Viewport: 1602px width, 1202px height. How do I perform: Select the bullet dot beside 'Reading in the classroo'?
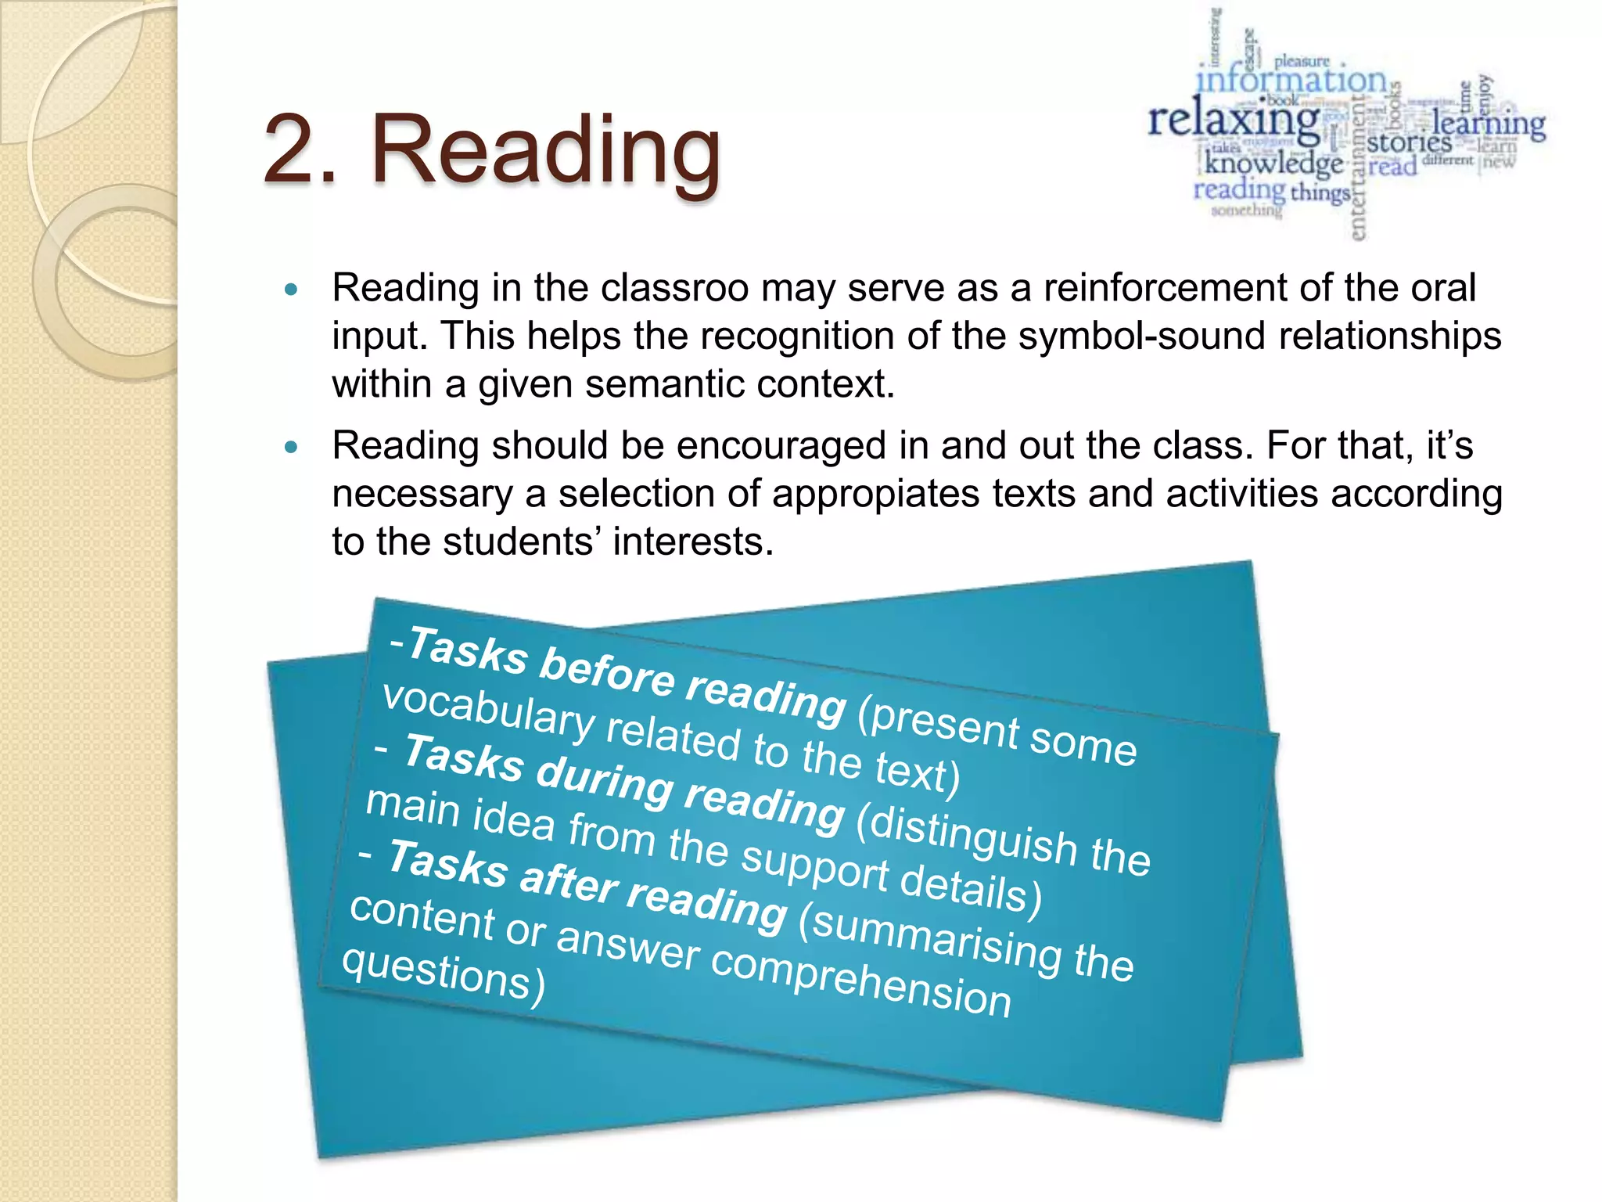click(292, 290)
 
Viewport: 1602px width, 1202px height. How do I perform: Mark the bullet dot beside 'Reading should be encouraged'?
click(292, 448)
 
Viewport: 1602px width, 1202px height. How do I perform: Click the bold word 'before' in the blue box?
click(606, 671)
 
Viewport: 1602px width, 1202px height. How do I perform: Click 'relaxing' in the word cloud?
click(1234, 121)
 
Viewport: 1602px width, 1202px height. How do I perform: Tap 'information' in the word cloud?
click(1291, 81)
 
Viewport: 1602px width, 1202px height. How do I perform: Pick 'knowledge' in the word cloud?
click(1273, 163)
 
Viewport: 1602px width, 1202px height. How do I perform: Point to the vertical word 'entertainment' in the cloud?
click(1358, 168)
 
